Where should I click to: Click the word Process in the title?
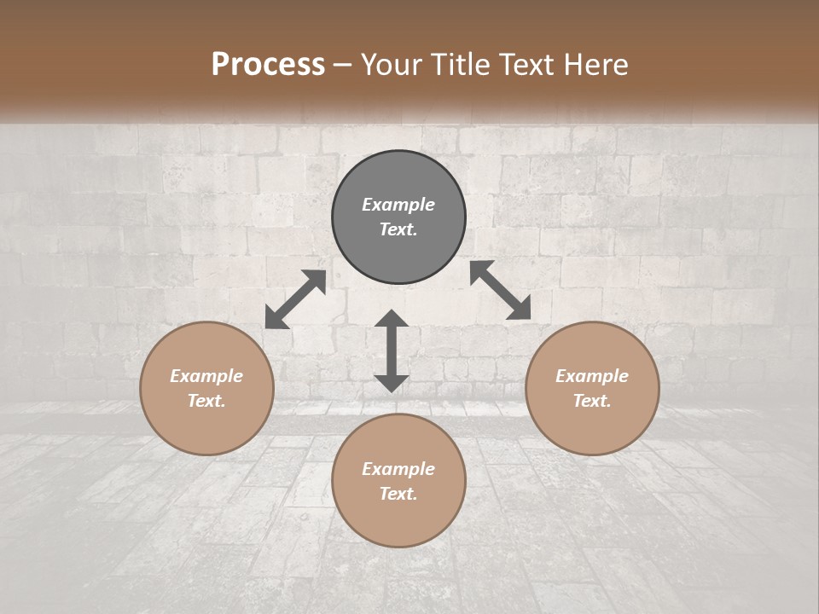tap(268, 65)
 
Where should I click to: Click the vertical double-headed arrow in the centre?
tap(392, 350)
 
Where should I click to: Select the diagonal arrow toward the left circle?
tap(295, 299)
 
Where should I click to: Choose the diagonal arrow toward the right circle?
tap(500, 290)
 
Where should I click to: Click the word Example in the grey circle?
tap(398, 205)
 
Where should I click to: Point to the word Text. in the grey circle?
tap(398, 229)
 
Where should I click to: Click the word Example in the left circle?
tap(206, 376)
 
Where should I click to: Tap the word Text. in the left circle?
tap(206, 401)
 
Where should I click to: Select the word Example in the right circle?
tap(592, 376)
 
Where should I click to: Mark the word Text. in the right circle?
tap(592, 401)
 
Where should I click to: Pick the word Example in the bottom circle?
tap(398, 469)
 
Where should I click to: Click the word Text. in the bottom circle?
tap(398, 494)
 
